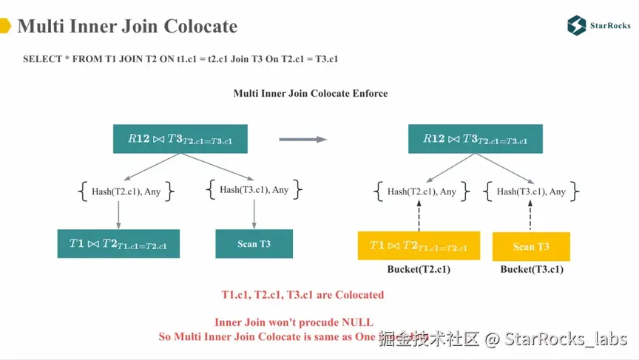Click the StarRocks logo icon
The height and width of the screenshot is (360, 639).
(x=577, y=26)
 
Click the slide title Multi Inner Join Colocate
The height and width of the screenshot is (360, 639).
(x=127, y=27)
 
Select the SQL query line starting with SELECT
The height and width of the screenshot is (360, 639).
(x=180, y=58)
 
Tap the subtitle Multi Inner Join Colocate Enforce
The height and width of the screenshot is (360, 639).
(x=311, y=93)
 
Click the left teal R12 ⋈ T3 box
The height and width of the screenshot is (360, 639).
(x=180, y=139)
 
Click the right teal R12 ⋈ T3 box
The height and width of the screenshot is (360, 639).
(x=475, y=139)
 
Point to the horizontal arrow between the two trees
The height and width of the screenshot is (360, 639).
(x=302, y=139)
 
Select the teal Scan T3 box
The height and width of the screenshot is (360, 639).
(x=254, y=244)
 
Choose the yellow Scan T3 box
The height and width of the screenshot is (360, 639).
(x=531, y=246)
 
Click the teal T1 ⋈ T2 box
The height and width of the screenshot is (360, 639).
(x=118, y=244)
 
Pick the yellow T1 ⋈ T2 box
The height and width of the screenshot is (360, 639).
(x=418, y=245)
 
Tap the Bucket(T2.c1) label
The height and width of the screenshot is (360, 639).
(x=419, y=269)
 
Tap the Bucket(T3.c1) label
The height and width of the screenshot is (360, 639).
(x=532, y=269)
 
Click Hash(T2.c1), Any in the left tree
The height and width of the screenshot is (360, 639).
(x=126, y=191)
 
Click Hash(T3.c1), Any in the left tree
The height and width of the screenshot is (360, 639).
(x=254, y=190)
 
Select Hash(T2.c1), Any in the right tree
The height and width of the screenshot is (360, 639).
(x=422, y=191)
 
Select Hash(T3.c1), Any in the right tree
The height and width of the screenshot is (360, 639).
(x=531, y=191)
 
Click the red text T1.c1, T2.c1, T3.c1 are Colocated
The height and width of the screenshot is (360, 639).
(x=302, y=295)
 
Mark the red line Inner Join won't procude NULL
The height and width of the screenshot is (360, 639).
(x=294, y=322)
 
